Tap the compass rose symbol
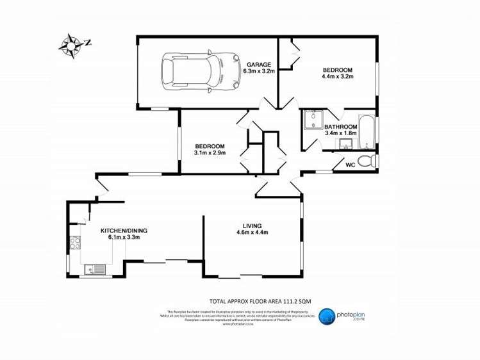pos(70,45)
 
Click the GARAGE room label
pos(260,65)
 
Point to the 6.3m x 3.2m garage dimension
pos(260,72)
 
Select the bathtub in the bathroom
pos(366,132)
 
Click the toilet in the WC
pos(365,161)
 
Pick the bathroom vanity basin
pos(349,143)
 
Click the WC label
pos(351,165)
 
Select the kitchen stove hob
pos(74,243)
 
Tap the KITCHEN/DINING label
pos(124,231)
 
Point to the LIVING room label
pos(252,225)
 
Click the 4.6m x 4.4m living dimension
pos(252,233)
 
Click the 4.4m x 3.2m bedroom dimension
pos(338,77)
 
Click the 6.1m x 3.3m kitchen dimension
pos(124,238)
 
